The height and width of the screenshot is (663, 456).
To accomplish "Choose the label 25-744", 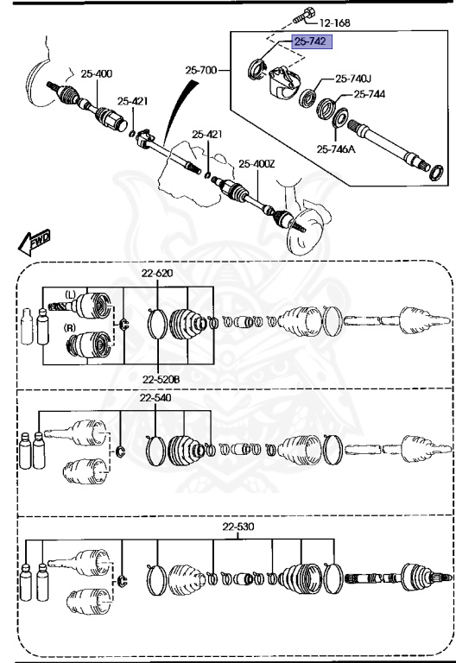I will pyautogui.click(x=370, y=93).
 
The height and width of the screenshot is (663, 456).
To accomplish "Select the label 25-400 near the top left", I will pyautogui.click(x=97, y=73).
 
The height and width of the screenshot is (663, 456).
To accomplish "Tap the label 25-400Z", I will pyautogui.click(x=256, y=163).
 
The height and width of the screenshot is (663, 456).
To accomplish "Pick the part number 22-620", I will pyautogui.click(x=158, y=274).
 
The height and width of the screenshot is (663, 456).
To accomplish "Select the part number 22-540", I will pyautogui.click(x=156, y=398).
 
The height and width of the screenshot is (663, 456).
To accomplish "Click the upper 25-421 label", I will pyautogui.click(x=133, y=101).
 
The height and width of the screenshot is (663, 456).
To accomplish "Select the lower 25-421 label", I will pyautogui.click(x=207, y=134).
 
